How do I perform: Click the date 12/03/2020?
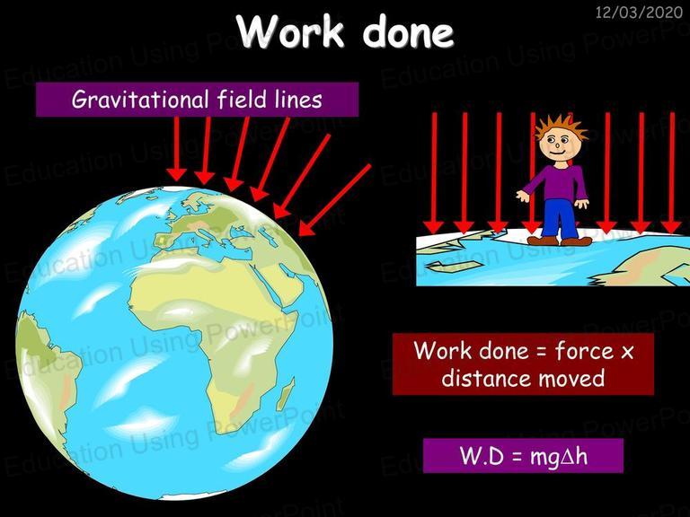[x=639, y=12]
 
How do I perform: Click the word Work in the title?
[x=291, y=31]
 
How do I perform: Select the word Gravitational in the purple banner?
[x=140, y=100]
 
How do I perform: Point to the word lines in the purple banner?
[x=298, y=99]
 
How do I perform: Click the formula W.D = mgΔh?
[x=524, y=456]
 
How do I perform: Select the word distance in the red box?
[x=487, y=378]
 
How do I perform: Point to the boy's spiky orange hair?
[x=561, y=127]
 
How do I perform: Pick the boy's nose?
[x=557, y=145]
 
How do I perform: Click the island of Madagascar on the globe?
[x=287, y=393]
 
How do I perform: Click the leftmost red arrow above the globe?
[x=177, y=149]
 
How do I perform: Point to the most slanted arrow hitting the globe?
[x=334, y=200]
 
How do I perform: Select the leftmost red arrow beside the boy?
[x=434, y=172]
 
